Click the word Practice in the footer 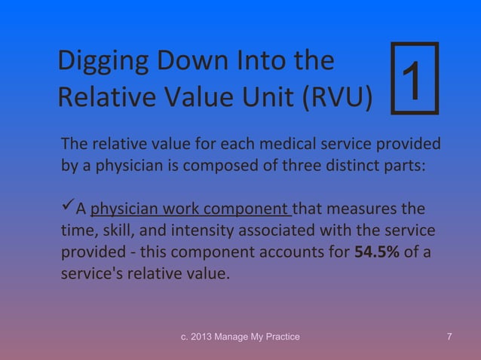pyautogui.click(x=280, y=336)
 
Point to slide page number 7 pyautogui.click(x=449, y=336)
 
